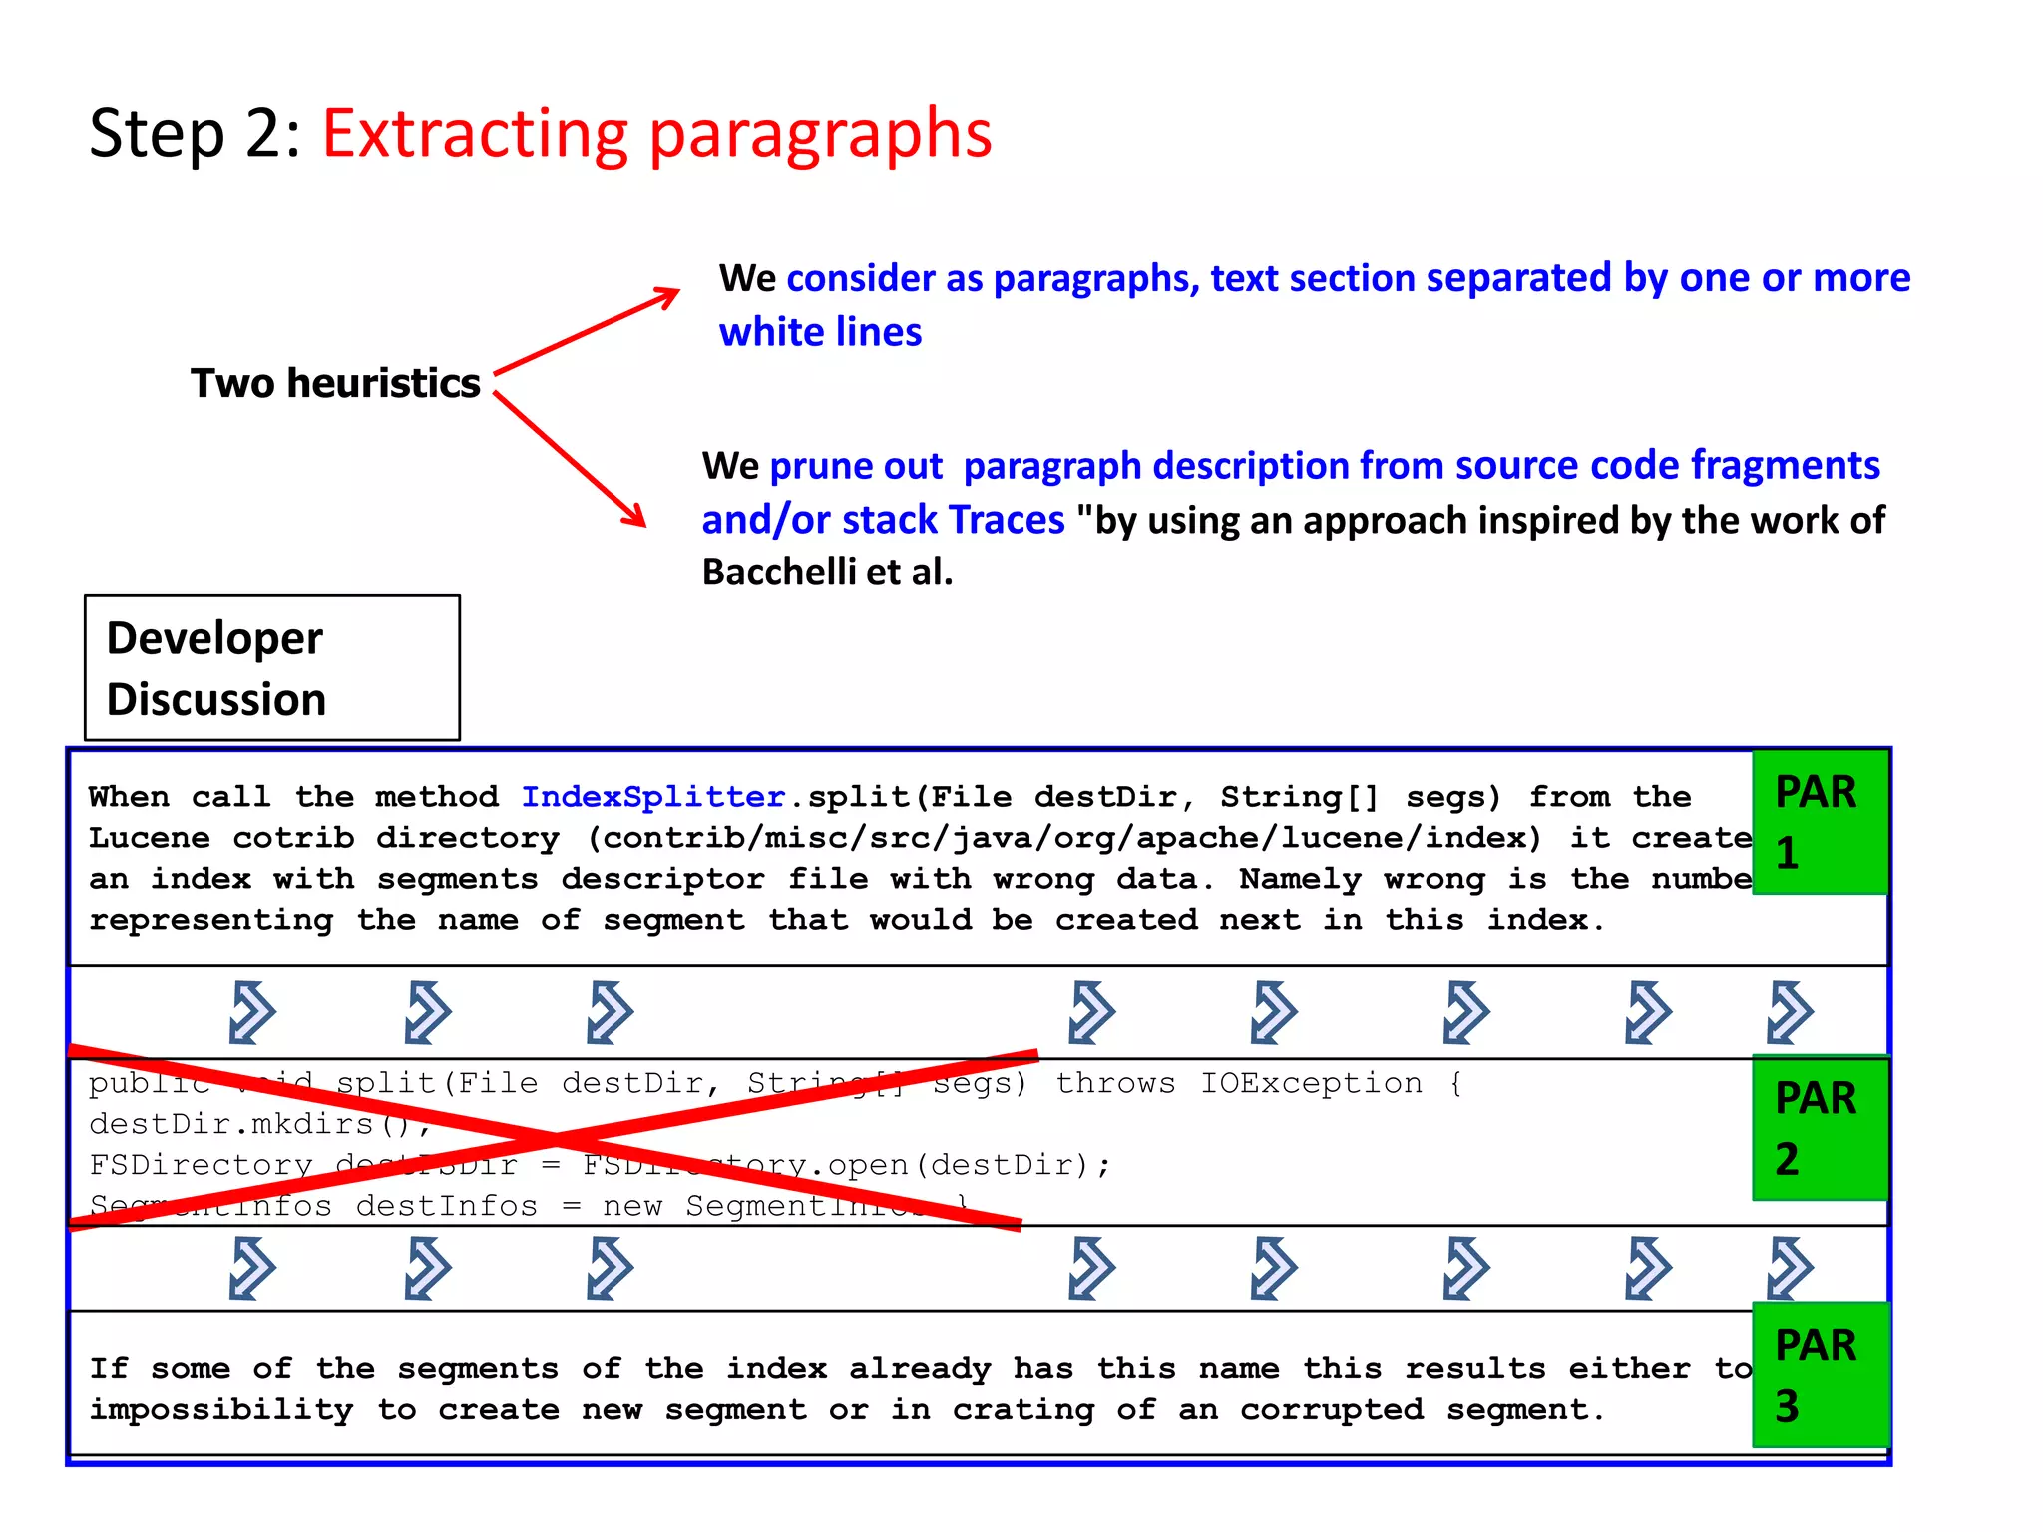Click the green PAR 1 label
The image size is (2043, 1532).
point(1820,822)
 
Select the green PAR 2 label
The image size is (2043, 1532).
point(1820,1128)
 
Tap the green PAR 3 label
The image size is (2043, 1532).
point(1820,1374)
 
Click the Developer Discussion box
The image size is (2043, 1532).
point(272,668)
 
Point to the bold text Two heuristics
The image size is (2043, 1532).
point(335,383)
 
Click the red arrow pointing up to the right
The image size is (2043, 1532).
point(587,331)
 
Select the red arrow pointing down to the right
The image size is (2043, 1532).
point(570,459)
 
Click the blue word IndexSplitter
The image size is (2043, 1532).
point(652,797)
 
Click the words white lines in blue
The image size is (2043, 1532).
point(820,332)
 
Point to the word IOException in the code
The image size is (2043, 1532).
point(1311,1083)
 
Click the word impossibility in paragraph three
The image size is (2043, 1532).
point(220,1410)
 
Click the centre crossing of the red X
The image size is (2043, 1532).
point(555,1138)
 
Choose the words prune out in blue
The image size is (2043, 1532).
point(855,466)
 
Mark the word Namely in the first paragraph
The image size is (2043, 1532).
point(1299,879)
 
